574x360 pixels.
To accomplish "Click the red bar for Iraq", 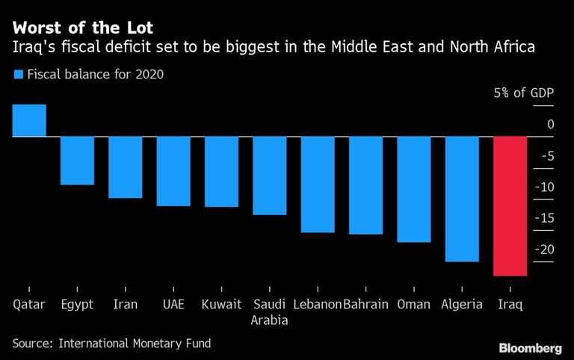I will (x=510, y=206).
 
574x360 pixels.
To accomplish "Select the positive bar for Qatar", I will (x=29, y=120).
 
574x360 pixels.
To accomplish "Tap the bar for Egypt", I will (x=77, y=161).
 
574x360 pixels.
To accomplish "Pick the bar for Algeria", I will (x=462, y=199).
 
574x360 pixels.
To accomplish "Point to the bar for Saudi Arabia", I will (x=270, y=176).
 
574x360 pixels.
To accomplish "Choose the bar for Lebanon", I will (x=318, y=184).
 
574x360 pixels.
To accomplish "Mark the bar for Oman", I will (x=414, y=189).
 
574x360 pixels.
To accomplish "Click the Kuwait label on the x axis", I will (x=221, y=304).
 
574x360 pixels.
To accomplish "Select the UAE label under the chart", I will (x=173, y=304).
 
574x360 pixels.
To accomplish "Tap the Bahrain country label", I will (x=366, y=304).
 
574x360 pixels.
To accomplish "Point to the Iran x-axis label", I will (x=125, y=304).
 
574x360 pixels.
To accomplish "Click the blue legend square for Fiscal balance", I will (x=17, y=74).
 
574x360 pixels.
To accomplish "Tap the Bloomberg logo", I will (x=530, y=347).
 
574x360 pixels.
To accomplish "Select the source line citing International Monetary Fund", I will (x=111, y=344).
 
